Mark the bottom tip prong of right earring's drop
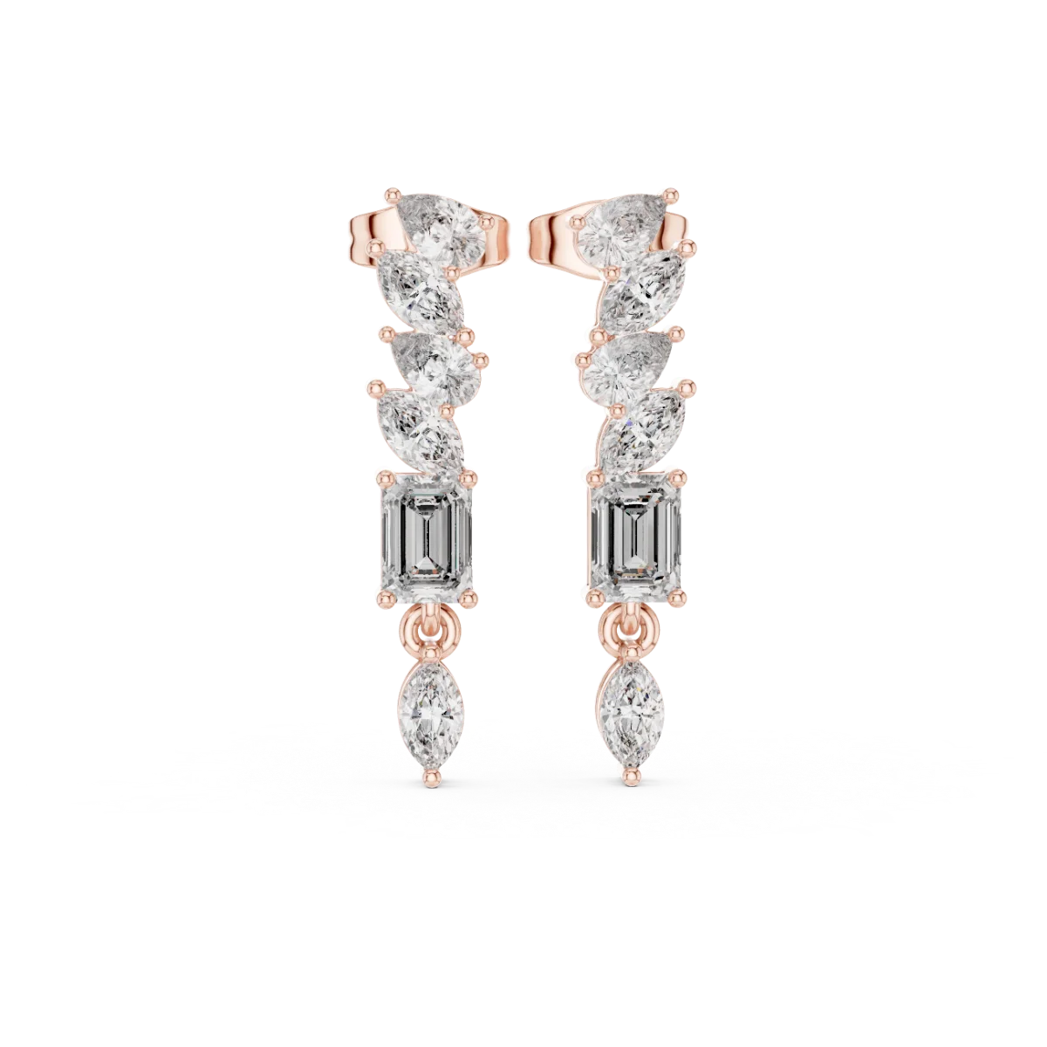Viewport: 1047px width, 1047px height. click(629, 770)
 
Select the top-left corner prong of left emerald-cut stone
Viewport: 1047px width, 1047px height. click(380, 476)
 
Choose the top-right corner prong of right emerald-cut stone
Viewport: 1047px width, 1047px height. click(684, 476)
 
